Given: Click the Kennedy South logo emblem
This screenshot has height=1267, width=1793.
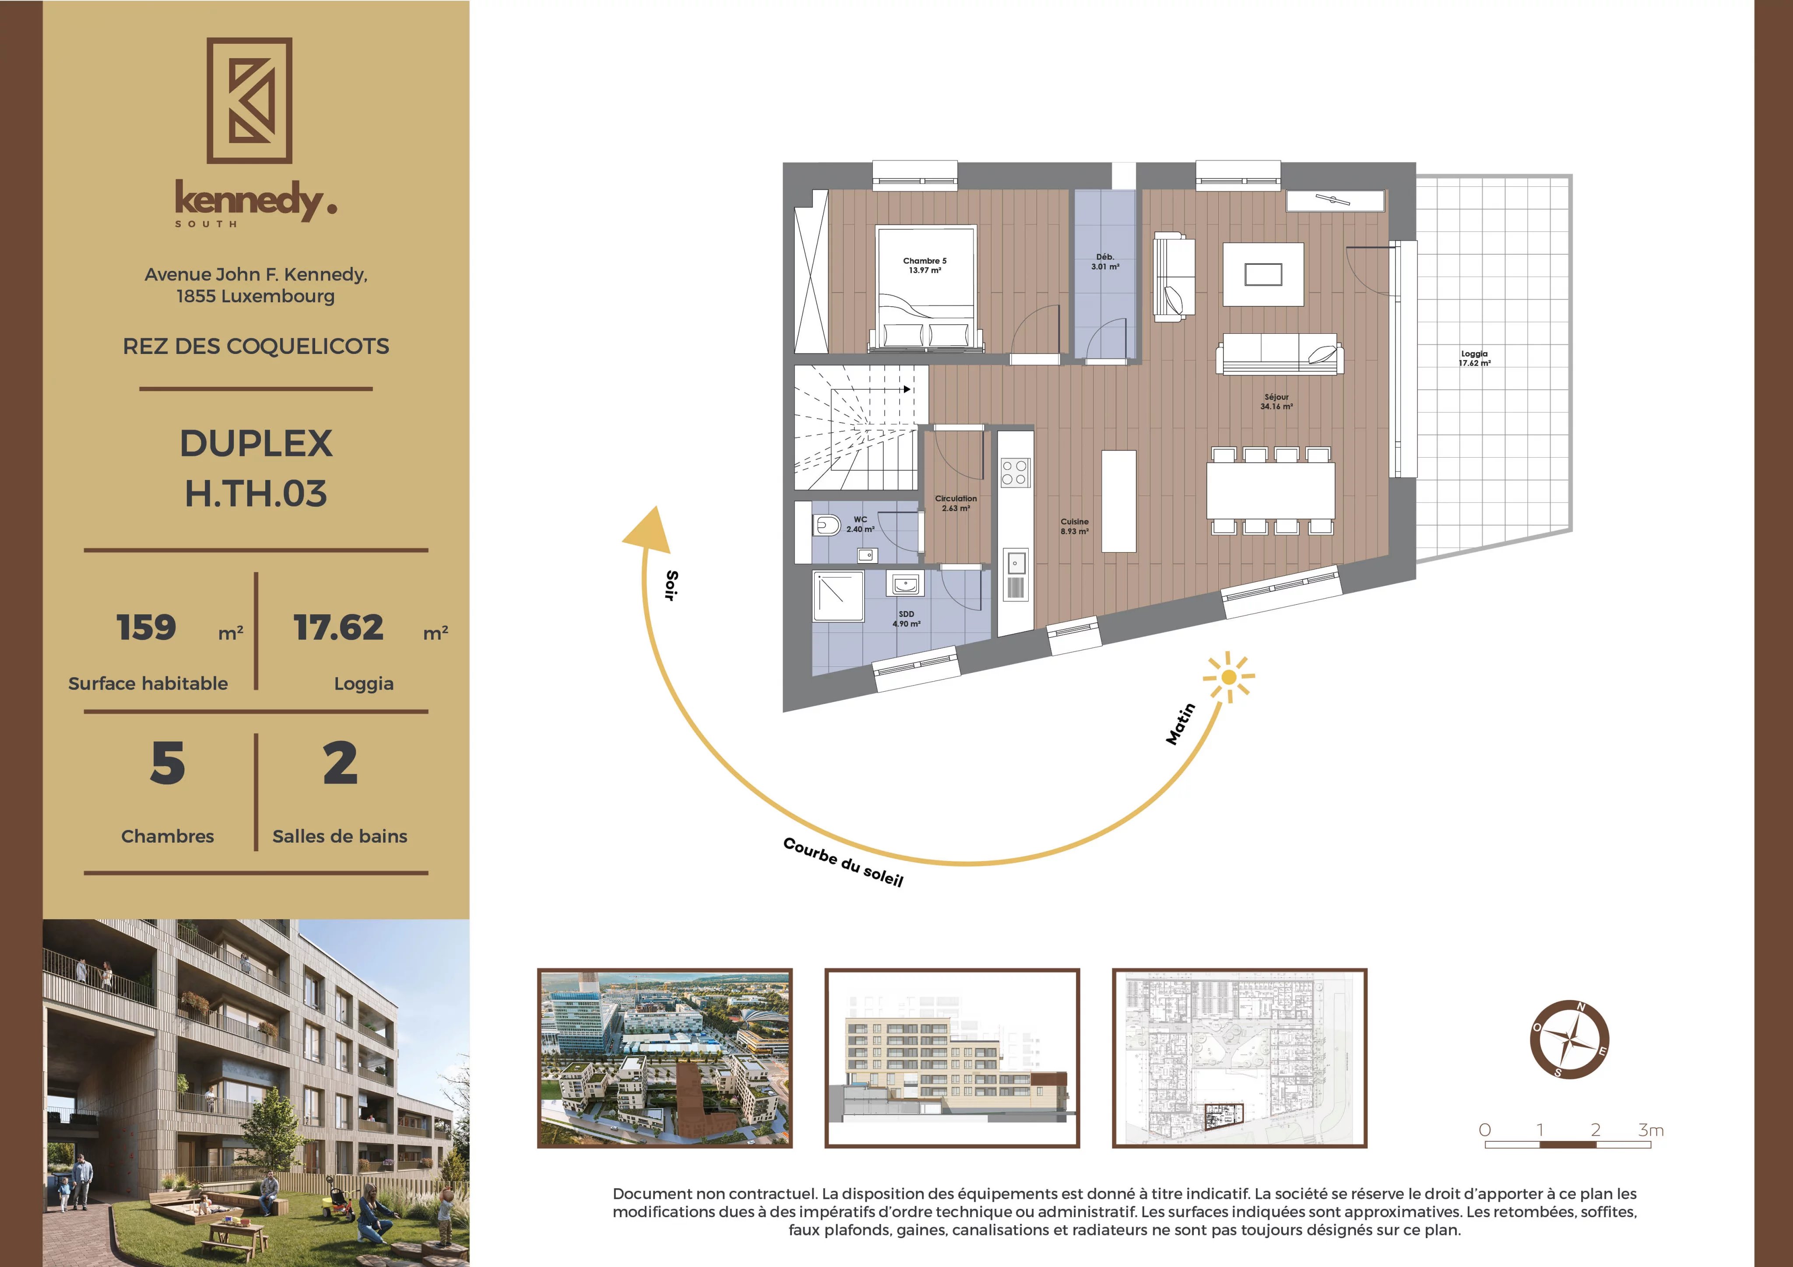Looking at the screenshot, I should (x=249, y=101).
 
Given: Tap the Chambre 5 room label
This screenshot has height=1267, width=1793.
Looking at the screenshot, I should (x=925, y=266).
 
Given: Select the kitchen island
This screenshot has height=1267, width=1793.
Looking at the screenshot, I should (x=1119, y=500).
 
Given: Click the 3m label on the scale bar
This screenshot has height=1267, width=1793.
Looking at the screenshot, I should (x=1650, y=1130).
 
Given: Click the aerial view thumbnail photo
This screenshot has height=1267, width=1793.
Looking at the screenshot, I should (x=664, y=1058).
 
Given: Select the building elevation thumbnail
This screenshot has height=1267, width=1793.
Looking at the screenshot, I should (x=952, y=1058).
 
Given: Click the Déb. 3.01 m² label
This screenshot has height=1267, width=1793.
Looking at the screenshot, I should (x=1105, y=262).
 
